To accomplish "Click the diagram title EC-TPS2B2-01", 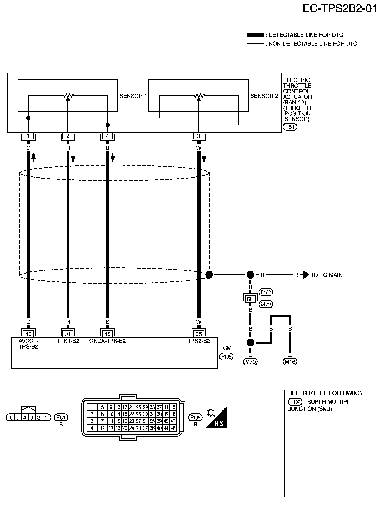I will pyautogui.click(x=340, y=8).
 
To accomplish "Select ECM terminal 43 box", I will pyautogui.click(x=28, y=334).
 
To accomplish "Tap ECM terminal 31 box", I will pyautogui.click(x=67, y=334).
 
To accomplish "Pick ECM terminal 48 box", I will pyautogui.click(x=107, y=334).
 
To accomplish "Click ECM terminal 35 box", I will pyautogui.click(x=199, y=334).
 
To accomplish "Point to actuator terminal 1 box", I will pyautogui.click(x=28, y=136).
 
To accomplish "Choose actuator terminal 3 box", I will pyautogui.click(x=199, y=136).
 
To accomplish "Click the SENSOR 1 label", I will pyautogui.click(x=133, y=96).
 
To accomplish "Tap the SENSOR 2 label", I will pyautogui.click(x=264, y=96).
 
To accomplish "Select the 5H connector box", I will pyautogui.click(x=250, y=299).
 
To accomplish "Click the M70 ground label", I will pyautogui.click(x=250, y=362).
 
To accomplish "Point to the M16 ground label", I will pyautogui.click(x=290, y=362).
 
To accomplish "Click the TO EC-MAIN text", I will pyautogui.click(x=326, y=275).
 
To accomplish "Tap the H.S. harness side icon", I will pyautogui.click(x=216, y=418).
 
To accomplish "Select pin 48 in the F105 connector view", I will pyautogui.click(x=173, y=428).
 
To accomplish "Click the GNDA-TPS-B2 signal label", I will pyautogui.click(x=107, y=341).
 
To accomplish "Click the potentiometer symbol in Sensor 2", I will pyautogui.click(x=199, y=96).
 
